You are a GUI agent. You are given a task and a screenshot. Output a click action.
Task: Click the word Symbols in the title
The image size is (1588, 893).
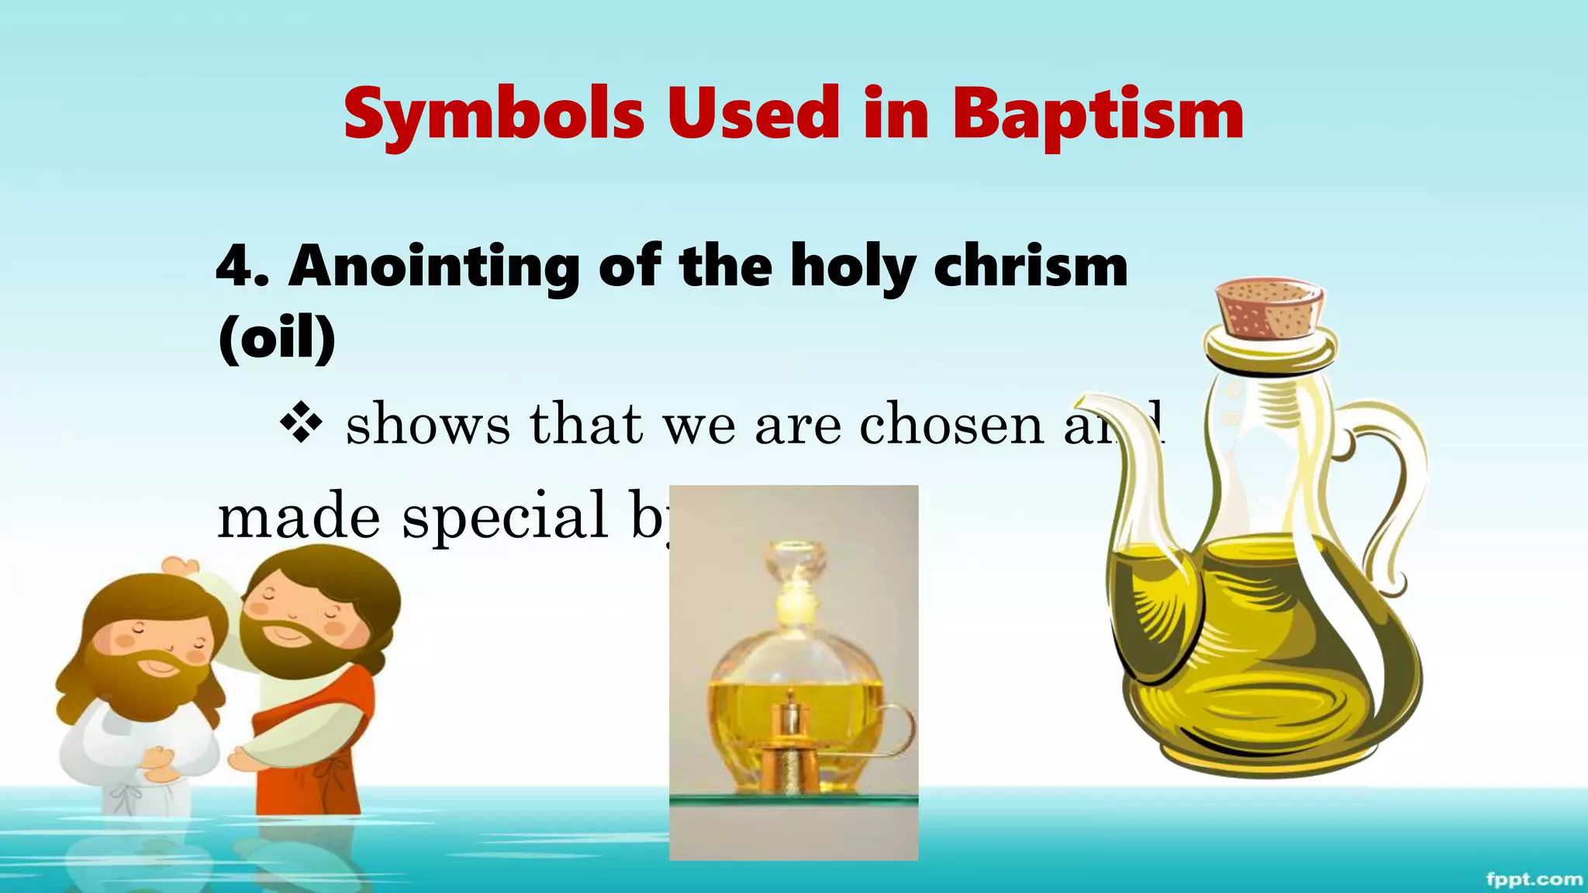494,114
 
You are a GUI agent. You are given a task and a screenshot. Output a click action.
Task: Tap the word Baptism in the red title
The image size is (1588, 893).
1098,114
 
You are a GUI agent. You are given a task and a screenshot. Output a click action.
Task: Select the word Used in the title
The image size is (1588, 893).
753,114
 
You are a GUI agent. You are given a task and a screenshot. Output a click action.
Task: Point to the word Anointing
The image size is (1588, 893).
434,267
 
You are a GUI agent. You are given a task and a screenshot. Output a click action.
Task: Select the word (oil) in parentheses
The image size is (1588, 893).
277,338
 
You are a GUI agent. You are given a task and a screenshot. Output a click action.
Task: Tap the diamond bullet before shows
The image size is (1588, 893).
301,424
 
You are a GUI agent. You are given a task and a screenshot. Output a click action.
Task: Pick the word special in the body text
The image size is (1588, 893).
505,516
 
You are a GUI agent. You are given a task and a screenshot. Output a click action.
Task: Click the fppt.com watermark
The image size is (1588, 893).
1534,879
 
